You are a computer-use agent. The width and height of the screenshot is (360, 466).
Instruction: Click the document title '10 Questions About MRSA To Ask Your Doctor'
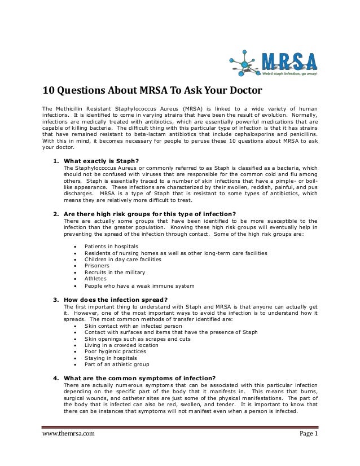(151, 91)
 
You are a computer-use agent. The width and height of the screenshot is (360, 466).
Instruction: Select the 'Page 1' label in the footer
(308, 449)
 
